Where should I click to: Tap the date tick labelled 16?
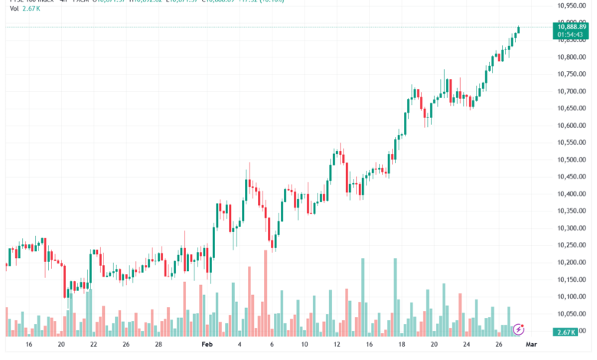tap(28, 345)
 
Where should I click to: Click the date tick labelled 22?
tap(93, 345)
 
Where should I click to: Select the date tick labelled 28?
tap(158, 345)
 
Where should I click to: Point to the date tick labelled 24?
tap(466, 345)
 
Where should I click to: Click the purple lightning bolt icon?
tap(519, 329)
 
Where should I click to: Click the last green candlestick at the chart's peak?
tap(519, 30)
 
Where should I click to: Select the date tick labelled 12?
tap(336, 345)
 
